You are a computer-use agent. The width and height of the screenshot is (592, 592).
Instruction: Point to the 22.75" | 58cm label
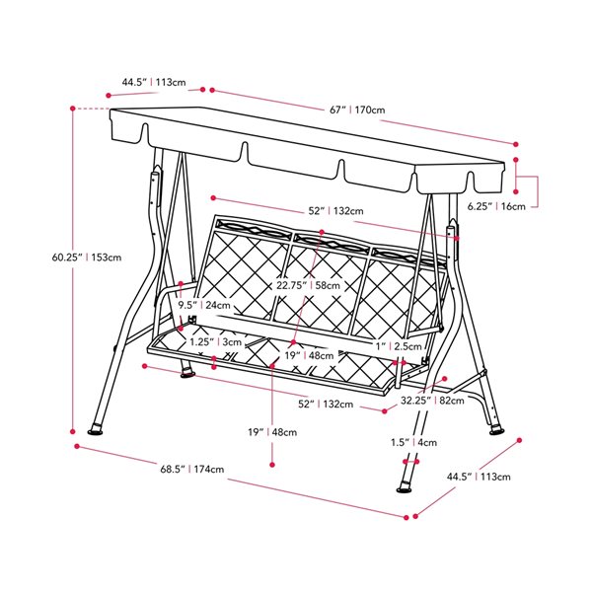(309, 285)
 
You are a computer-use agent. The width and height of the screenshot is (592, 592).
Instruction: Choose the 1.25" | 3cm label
(215, 341)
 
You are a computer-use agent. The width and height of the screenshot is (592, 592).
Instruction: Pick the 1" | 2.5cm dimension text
(399, 346)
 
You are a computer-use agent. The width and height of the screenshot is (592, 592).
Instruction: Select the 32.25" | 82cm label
(432, 402)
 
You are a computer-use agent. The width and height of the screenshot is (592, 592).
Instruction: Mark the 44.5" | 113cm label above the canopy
(153, 82)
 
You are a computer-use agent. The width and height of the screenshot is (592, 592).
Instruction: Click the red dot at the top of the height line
(72, 108)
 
